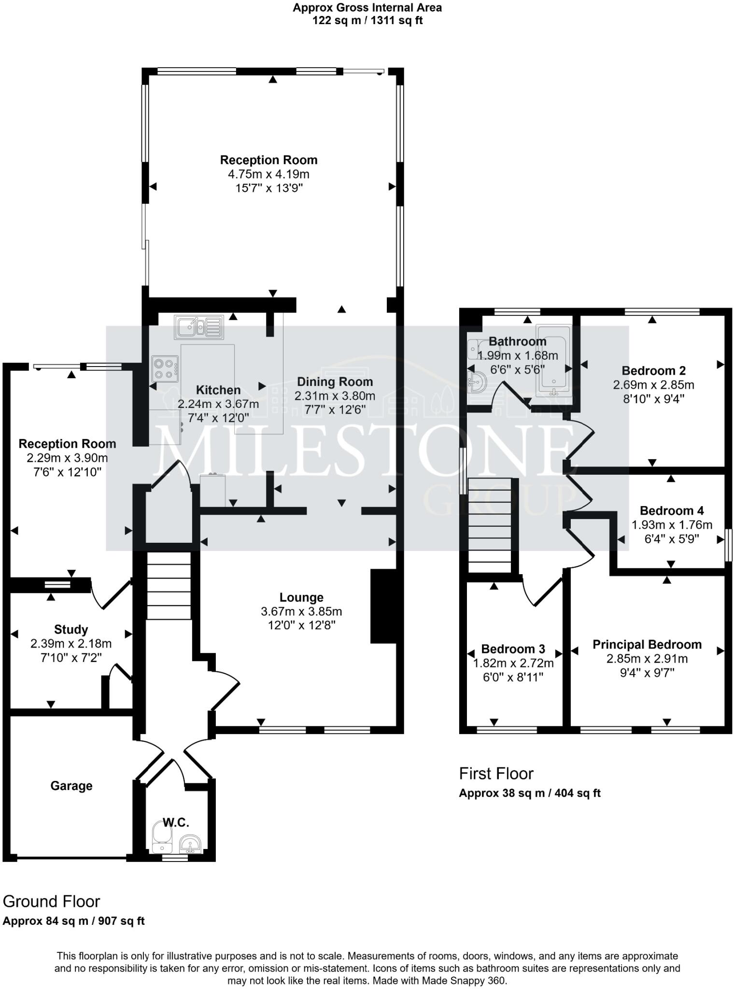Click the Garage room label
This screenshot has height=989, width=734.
[71, 786]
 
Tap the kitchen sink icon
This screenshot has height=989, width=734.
[199, 327]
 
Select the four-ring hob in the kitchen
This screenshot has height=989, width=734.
[165, 368]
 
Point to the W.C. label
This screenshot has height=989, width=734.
[176, 822]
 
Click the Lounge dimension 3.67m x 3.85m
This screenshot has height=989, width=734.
[301, 611]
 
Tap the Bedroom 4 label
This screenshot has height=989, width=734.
[671, 510]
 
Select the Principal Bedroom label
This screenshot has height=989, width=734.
[647, 644]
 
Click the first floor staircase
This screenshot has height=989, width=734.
[489, 525]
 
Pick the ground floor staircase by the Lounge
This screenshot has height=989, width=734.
[169, 586]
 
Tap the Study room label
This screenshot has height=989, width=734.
[71, 629]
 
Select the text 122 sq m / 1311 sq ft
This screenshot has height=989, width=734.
[367, 20]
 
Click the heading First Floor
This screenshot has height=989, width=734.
[496, 774]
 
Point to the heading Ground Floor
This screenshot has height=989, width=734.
[51, 902]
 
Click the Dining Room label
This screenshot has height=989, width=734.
[335, 382]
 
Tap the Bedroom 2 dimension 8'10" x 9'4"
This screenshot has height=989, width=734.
[653, 399]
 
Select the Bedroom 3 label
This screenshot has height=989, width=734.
[513, 649]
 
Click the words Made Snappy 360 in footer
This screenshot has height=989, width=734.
[463, 981]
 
